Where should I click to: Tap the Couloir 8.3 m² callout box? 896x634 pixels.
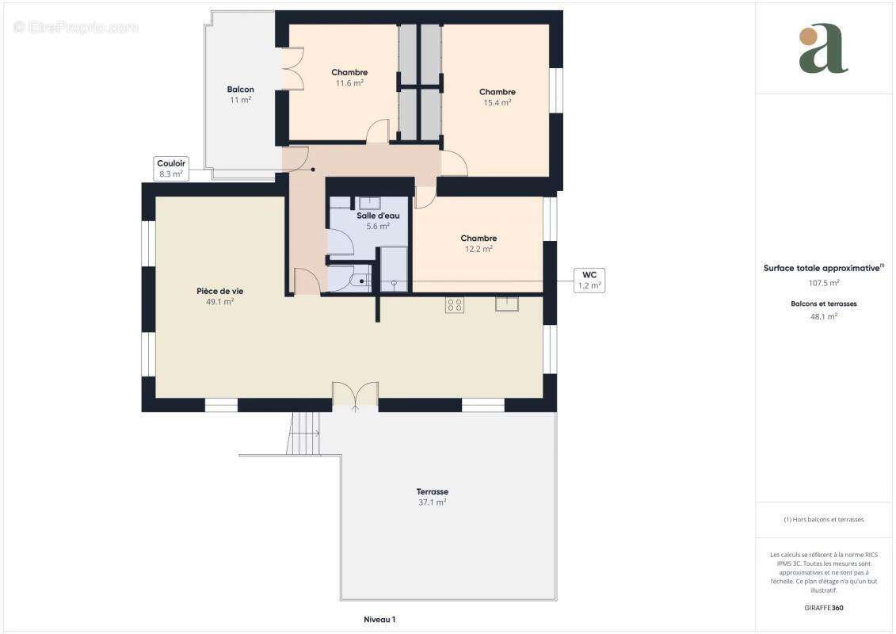(x=171, y=168)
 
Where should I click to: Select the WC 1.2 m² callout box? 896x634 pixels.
(x=589, y=280)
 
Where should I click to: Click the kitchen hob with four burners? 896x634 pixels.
(x=455, y=304)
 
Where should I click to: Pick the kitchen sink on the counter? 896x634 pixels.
(x=507, y=303)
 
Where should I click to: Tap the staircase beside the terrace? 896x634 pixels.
(x=303, y=434)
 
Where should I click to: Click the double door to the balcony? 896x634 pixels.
(x=292, y=69)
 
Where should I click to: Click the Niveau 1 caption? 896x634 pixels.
(x=379, y=619)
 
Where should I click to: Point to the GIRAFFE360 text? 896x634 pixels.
(x=824, y=608)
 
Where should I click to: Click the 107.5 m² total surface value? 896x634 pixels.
(x=824, y=282)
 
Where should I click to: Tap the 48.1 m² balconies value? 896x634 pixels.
(x=824, y=315)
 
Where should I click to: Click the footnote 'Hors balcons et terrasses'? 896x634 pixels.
(x=824, y=519)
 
